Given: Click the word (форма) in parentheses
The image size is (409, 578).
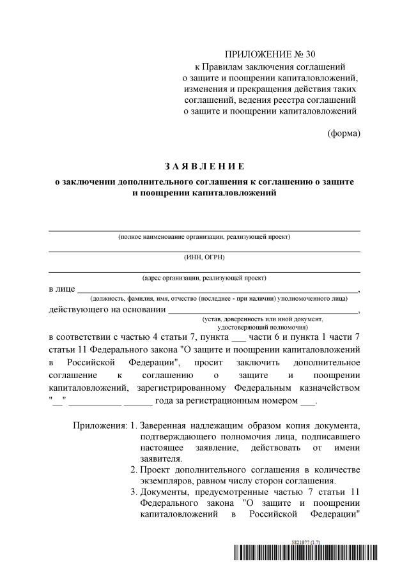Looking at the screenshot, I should (x=344, y=133).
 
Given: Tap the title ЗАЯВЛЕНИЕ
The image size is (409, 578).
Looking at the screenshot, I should (x=204, y=167).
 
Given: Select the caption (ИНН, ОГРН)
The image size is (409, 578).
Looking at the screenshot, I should (x=204, y=257).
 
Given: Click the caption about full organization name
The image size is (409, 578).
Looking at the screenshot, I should (x=204, y=237).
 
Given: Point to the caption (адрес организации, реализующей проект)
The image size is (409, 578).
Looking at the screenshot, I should (x=204, y=278).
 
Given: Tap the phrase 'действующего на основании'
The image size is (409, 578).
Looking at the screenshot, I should (x=106, y=310).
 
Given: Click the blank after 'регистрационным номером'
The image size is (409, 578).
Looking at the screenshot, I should (x=308, y=403).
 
